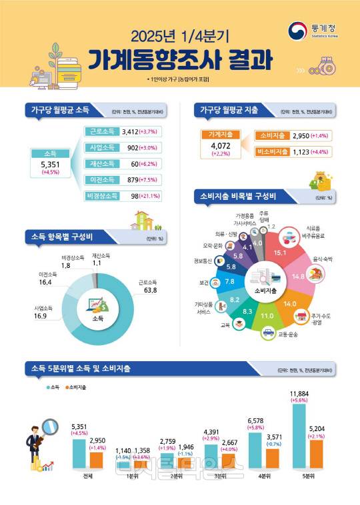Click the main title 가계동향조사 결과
point(179,61)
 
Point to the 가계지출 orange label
point(219,135)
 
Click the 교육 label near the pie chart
point(225,326)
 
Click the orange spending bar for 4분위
point(271,458)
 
